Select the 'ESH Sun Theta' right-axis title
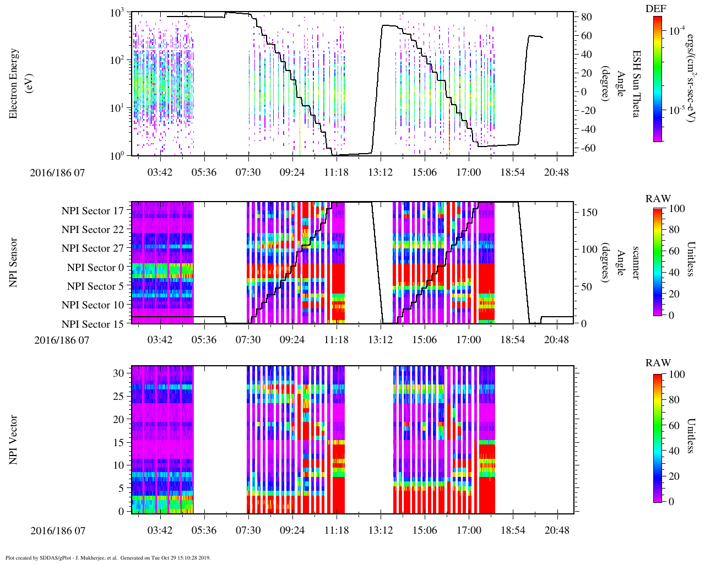[x=636, y=84]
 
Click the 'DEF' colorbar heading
[x=656, y=8]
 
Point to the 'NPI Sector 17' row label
[x=93, y=210]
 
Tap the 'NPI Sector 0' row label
[x=95, y=268]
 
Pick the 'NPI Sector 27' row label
[x=93, y=248]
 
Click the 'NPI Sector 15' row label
[x=93, y=324]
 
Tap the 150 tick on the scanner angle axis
[x=590, y=212]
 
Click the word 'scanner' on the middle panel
[x=635, y=263]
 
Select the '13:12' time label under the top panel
[x=380, y=172]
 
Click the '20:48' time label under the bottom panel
[x=556, y=530]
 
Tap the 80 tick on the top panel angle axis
[x=587, y=17]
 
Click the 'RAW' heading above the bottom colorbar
[x=658, y=363]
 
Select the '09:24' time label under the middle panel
[x=292, y=340]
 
